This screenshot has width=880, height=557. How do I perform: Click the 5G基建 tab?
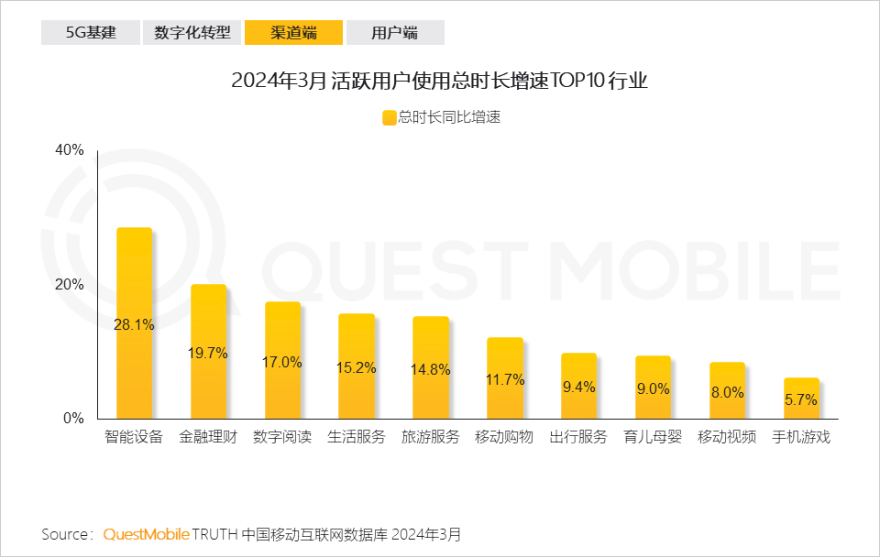click(x=90, y=33)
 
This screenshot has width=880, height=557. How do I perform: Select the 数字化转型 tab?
click(x=192, y=33)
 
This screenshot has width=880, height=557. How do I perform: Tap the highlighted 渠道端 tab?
click(x=293, y=33)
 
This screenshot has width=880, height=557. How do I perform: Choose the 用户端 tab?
click(x=395, y=33)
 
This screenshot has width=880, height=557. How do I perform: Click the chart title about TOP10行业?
click(x=439, y=81)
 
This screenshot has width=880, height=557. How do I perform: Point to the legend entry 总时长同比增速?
click(x=442, y=117)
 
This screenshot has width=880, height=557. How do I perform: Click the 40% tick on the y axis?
click(x=70, y=150)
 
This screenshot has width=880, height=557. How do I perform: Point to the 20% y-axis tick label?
click(x=70, y=284)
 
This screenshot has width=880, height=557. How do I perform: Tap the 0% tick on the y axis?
click(x=73, y=419)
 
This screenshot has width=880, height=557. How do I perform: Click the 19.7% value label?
click(x=208, y=353)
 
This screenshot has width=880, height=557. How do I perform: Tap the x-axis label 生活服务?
click(x=357, y=437)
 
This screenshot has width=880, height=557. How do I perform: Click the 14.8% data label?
click(x=431, y=370)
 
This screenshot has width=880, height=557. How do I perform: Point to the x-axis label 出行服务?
click(x=578, y=437)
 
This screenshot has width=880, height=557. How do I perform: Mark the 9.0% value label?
click(x=653, y=388)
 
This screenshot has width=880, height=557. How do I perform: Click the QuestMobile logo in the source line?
click(x=147, y=534)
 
